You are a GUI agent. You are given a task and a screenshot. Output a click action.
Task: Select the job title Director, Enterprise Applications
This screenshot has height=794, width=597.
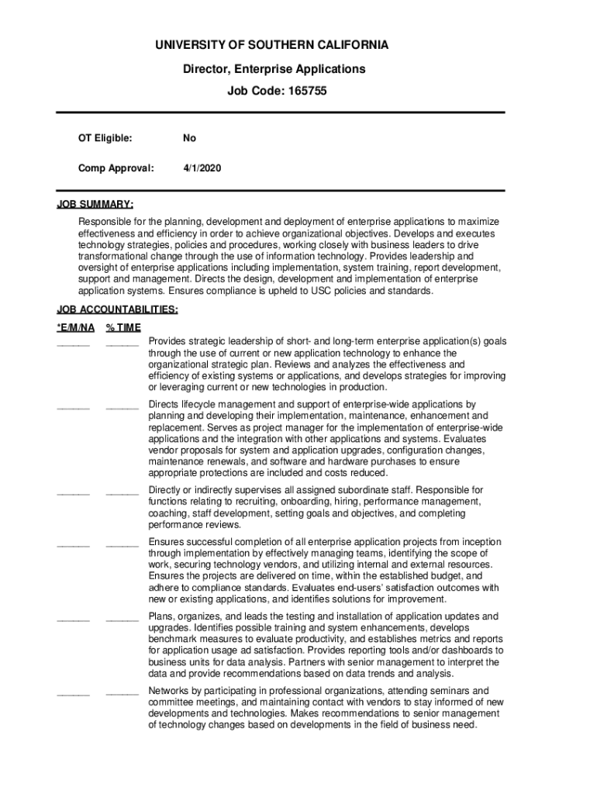(x=274, y=69)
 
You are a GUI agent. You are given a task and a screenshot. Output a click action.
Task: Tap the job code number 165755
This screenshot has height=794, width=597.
(x=307, y=91)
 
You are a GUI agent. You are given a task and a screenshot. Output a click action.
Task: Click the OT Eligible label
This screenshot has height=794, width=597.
(x=105, y=138)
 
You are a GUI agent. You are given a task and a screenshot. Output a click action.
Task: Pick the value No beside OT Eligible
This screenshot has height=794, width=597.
(x=189, y=138)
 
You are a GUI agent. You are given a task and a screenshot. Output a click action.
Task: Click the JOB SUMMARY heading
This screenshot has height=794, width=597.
(x=95, y=205)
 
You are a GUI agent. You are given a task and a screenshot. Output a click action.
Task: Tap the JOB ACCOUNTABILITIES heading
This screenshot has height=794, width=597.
(x=116, y=310)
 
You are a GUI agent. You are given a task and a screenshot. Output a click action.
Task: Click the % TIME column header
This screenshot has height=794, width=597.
(x=123, y=328)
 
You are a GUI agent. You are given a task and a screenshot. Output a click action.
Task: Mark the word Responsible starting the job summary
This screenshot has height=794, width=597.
(x=103, y=222)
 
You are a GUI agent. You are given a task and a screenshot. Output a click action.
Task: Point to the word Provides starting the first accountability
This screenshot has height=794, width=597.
(x=167, y=341)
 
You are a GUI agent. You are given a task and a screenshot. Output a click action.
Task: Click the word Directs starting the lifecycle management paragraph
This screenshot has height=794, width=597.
(x=165, y=404)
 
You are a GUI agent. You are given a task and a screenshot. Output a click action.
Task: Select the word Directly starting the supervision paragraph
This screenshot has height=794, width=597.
(x=167, y=490)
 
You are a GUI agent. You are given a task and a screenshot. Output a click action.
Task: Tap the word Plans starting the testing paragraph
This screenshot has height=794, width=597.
(x=161, y=616)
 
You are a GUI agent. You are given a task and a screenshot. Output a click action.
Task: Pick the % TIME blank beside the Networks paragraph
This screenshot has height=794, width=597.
(x=122, y=693)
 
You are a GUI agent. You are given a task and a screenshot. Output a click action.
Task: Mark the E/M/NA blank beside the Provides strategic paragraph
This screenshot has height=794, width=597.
(x=73, y=343)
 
